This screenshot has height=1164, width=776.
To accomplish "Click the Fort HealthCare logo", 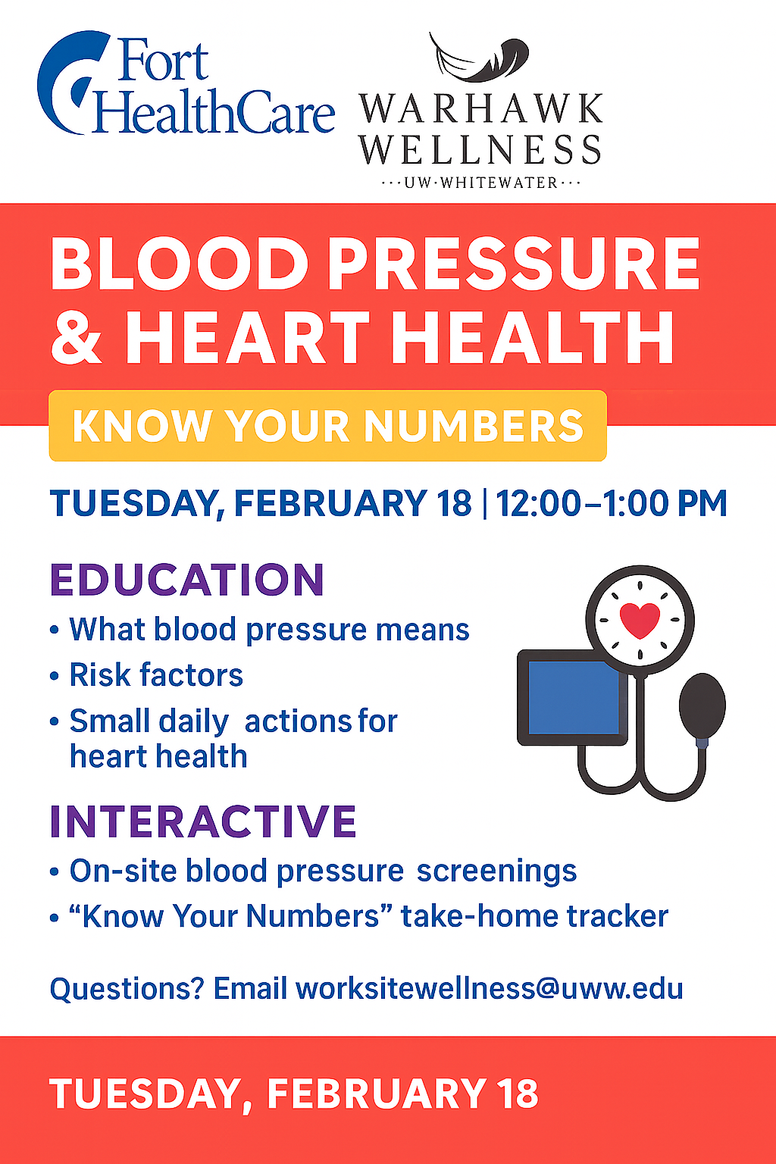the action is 186,83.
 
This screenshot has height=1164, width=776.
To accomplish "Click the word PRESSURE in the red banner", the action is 514,264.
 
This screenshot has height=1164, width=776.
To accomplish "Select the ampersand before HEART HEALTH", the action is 77,338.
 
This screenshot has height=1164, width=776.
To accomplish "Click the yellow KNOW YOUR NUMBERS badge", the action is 327,426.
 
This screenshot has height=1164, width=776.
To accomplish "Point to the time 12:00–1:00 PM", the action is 612,503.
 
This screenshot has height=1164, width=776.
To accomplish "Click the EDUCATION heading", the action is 187,580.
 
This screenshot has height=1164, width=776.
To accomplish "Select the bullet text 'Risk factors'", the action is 156,674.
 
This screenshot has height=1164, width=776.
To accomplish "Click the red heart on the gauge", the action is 640,620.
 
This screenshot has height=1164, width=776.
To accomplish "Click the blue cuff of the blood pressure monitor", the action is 574,697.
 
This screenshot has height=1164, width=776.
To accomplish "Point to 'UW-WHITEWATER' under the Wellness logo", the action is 480,183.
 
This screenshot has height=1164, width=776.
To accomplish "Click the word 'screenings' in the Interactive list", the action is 497,871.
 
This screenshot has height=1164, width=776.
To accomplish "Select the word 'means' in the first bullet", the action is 423,630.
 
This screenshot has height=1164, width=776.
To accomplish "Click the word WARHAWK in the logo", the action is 480,109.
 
